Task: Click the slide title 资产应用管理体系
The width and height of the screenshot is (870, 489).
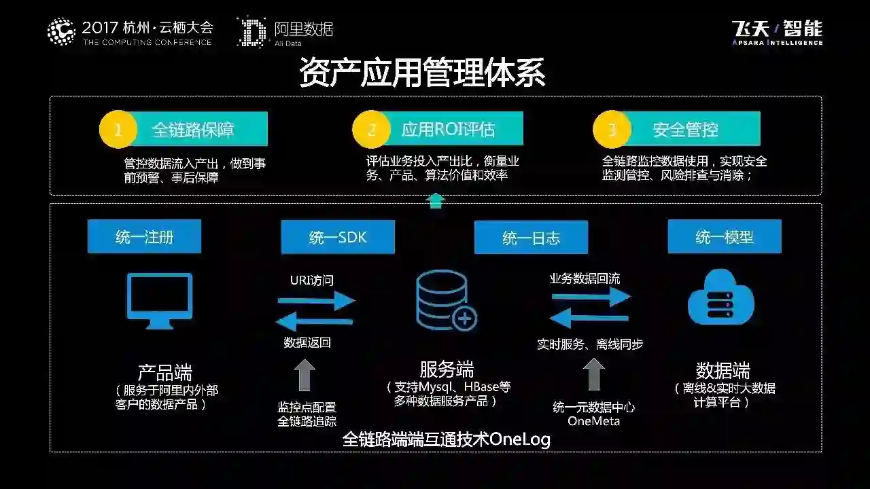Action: click(422, 73)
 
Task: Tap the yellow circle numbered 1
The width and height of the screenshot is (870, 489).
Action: click(118, 129)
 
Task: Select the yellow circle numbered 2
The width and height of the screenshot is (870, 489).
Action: click(371, 129)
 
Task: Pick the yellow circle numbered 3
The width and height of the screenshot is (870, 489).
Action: click(612, 129)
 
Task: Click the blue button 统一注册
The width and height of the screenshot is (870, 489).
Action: click(144, 236)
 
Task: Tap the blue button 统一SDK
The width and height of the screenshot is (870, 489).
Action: click(338, 237)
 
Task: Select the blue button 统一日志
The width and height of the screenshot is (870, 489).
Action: click(531, 238)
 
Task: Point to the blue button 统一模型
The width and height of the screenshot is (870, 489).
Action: click(725, 236)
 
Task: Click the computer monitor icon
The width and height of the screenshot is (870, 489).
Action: click(160, 300)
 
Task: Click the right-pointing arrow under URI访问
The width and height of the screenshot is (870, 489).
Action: click(316, 299)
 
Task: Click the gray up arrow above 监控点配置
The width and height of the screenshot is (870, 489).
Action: click(304, 374)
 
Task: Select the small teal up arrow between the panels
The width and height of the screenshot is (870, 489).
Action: click(436, 200)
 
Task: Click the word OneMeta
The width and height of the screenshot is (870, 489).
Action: click(594, 421)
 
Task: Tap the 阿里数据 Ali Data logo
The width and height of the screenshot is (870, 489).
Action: click(285, 32)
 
